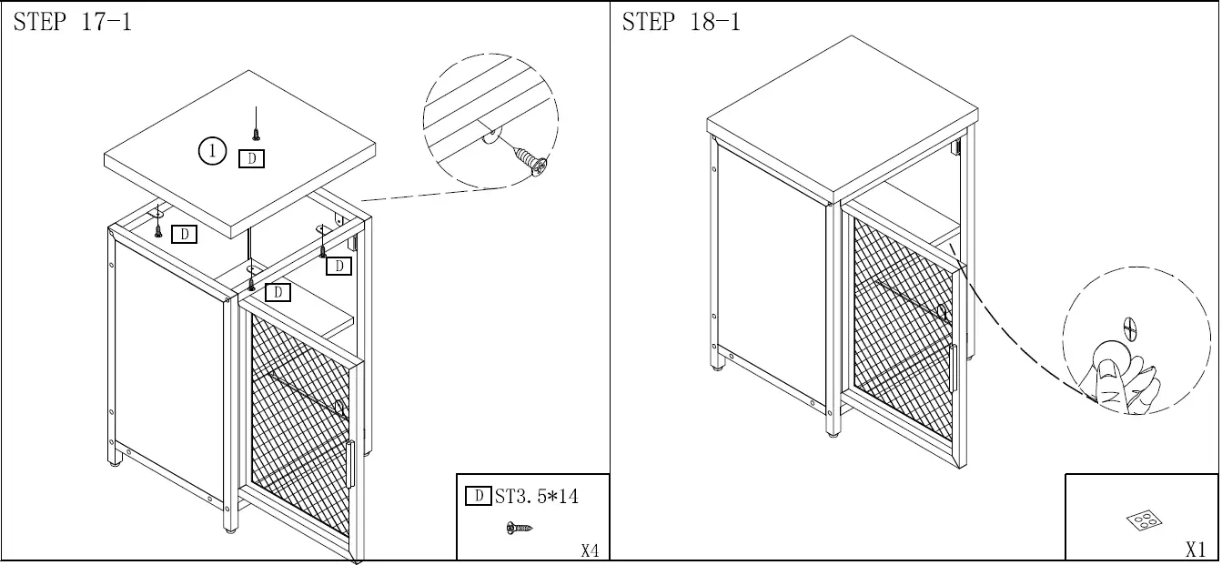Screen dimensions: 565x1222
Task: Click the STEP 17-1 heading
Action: [73, 23]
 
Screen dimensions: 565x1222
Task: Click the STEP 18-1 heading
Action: [682, 23]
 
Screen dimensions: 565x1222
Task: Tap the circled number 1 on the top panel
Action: [211, 151]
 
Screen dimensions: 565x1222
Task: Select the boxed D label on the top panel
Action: [251, 159]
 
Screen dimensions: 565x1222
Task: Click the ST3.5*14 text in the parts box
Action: [537, 497]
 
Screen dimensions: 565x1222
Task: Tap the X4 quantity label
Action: [590, 550]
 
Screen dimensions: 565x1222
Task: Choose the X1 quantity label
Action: [1196, 550]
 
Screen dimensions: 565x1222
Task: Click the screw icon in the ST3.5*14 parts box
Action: [519, 528]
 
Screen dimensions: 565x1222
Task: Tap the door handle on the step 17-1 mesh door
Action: [349, 465]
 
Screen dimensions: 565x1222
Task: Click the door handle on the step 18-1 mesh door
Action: [952, 369]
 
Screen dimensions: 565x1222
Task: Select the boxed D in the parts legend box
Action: [479, 497]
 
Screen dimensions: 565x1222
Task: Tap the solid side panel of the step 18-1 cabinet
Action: [770, 273]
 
